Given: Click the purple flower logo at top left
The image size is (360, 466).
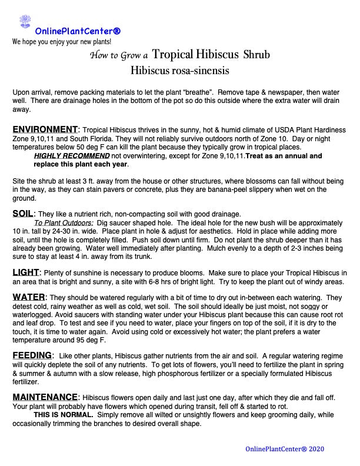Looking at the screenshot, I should [x=25, y=22].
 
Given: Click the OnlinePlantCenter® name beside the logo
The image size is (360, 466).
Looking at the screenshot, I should [x=78, y=31].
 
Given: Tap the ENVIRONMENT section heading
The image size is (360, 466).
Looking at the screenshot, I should [x=45, y=129].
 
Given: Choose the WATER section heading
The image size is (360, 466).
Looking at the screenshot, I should [x=29, y=297].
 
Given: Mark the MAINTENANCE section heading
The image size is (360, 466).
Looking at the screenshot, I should [x=45, y=397].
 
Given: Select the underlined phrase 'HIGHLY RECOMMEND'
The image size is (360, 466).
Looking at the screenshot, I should [x=72, y=156].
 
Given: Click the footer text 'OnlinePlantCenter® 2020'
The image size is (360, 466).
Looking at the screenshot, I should [x=284, y=449].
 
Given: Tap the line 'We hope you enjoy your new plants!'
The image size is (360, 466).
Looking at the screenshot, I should [x=62, y=42].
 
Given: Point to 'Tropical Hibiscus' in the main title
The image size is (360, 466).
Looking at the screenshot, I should [x=194, y=55].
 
